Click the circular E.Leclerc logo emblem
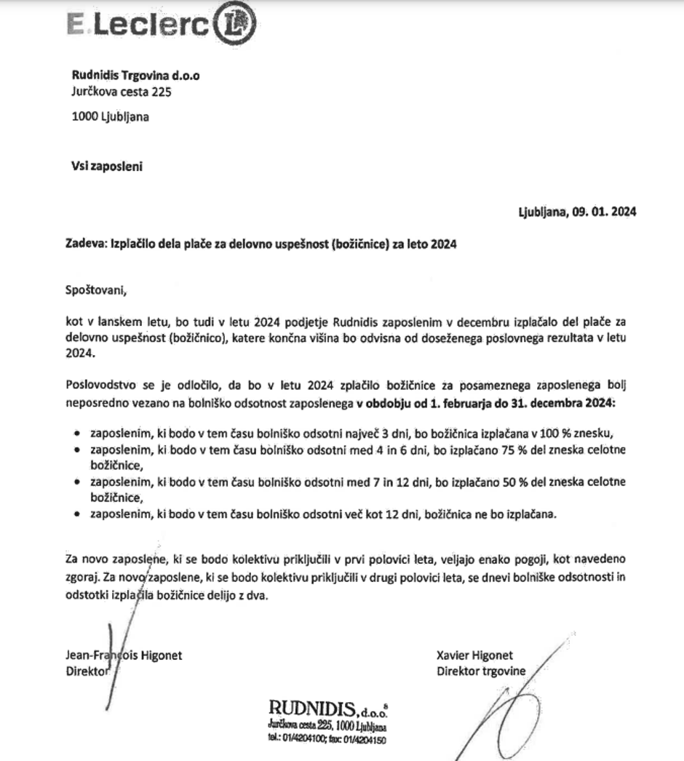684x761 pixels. pyautogui.click(x=235, y=26)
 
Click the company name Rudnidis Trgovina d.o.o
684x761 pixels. pyautogui.click(x=135, y=75)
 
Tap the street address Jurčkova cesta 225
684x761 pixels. pyautogui.click(x=122, y=92)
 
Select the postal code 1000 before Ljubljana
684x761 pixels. pyautogui.click(x=84, y=117)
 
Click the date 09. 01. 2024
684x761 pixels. pyautogui.click(x=603, y=212)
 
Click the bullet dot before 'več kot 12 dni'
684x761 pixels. pyautogui.click(x=78, y=514)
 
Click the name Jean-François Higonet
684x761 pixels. pyautogui.click(x=124, y=656)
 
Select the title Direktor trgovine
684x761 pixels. pyautogui.click(x=480, y=671)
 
